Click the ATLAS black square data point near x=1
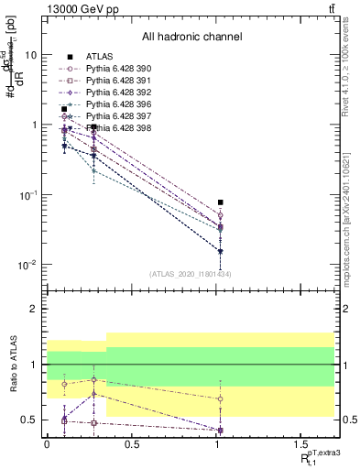[x=220, y=202]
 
